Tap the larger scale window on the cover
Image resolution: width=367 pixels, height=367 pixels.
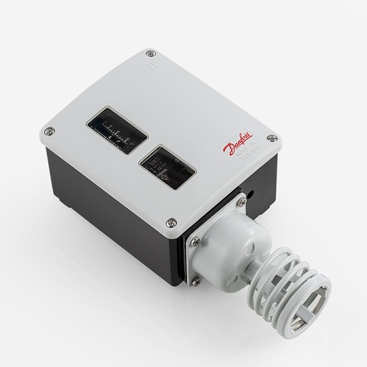pos(118,131)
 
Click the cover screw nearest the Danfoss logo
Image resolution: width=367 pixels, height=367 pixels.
pos(270,138)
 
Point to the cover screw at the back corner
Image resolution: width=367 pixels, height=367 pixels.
pos(149,53)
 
